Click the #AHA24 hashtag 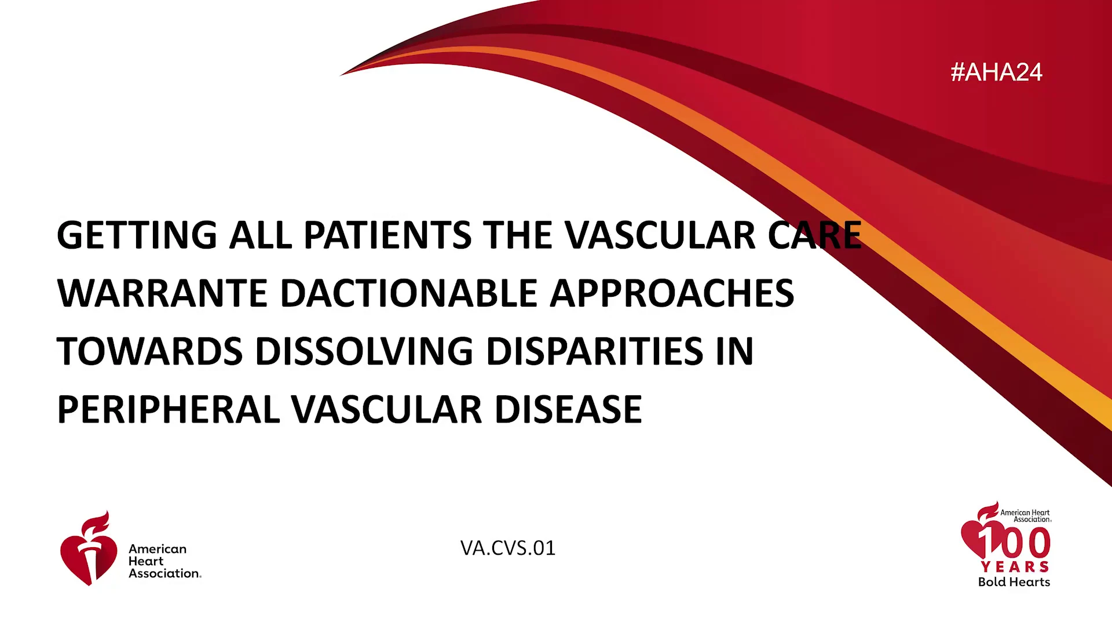tap(996, 72)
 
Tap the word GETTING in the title tap(137, 235)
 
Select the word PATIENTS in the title tap(387, 235)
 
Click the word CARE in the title tap(815, 235)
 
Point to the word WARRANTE tap(162, 293)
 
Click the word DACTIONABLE tap(409, 293)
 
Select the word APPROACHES tap(672, 293)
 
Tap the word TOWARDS tap(149, 351)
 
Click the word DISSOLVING tap(364, 351)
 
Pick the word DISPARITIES tap(595, 351)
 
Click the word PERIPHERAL tap(169, 409)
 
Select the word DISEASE tap(568, 409)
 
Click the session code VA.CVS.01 tap(508, 548)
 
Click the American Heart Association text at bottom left tap(165, 561)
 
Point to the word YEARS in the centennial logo tap(1015, 567)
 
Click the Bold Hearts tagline tap(1014, 582)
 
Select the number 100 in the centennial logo tap(1014, 543)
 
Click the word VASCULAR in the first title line tap(660, 235)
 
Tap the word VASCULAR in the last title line tap(386, 409)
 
